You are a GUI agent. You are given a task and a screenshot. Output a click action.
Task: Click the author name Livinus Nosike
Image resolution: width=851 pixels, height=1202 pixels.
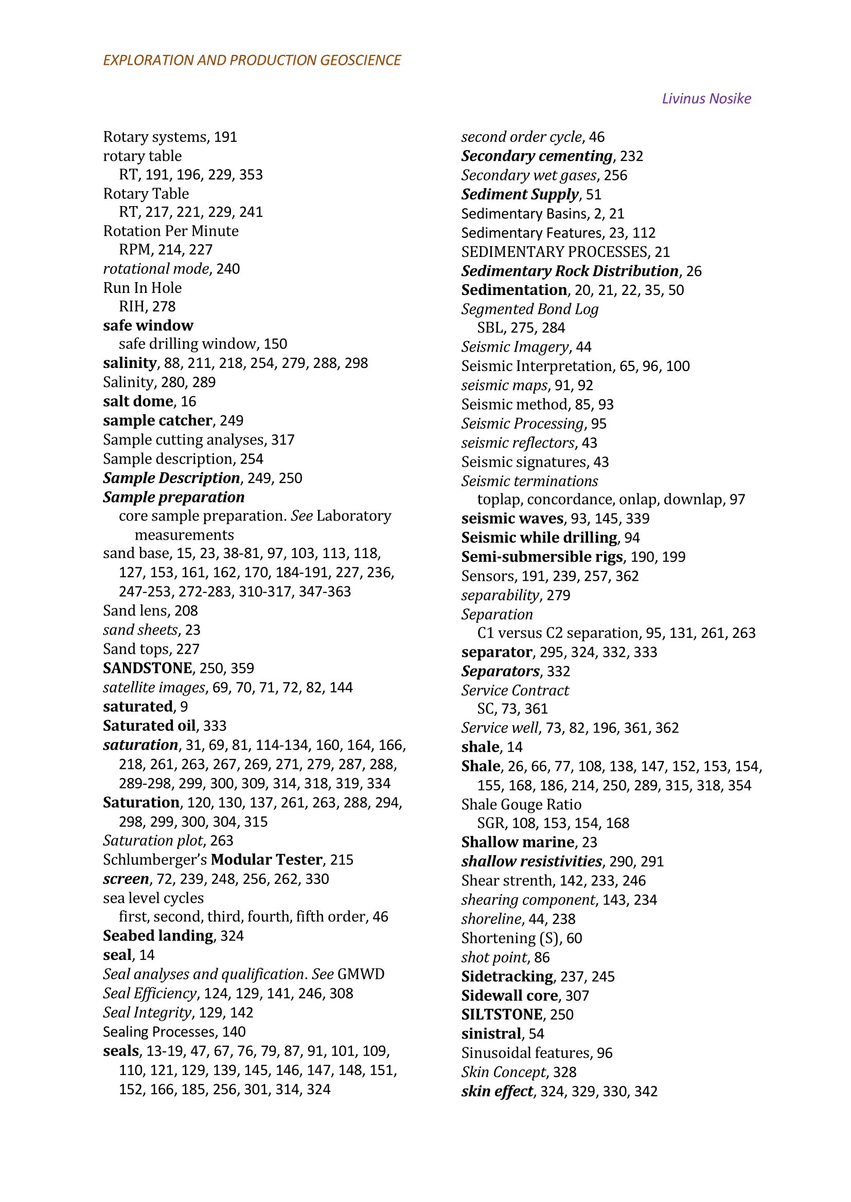(706, 99)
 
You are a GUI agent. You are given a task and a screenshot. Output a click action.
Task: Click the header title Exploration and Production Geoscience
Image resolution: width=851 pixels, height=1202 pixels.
(252, 60)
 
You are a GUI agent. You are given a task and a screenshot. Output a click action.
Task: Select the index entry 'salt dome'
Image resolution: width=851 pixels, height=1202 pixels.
(138, 401)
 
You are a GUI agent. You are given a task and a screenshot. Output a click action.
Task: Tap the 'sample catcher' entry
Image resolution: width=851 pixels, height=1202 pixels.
(157, 420)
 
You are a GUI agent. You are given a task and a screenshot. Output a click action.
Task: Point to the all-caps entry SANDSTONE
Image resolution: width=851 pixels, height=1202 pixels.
(147, 668)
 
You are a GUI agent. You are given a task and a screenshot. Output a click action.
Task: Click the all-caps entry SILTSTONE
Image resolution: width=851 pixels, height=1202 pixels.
(502, 1014)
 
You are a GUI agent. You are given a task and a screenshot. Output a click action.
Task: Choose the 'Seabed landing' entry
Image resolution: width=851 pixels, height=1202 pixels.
(158, 935)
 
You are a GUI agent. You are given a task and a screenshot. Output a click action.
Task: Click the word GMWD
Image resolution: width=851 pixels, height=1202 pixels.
(361, 974)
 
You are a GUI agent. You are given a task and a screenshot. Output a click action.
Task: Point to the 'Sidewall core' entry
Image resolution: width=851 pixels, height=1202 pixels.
(509, 995)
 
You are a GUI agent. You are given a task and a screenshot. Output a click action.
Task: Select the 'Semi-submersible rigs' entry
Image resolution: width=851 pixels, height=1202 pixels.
(542, 557)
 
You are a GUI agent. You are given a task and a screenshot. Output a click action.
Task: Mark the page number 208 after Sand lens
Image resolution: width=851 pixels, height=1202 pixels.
(186, 611)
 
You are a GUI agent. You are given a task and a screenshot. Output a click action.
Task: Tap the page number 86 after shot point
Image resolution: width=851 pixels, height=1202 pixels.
(542, 957)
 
